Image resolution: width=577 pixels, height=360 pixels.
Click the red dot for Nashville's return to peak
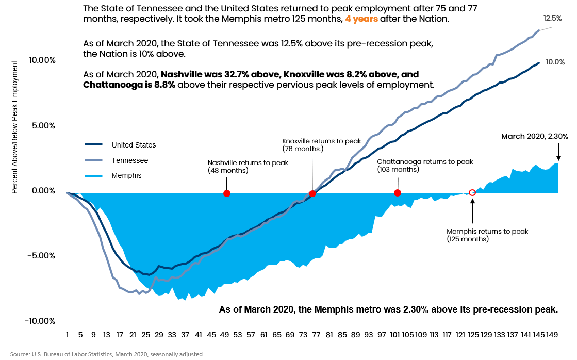click(226, 193)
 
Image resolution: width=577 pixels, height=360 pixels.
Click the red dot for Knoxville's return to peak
click(312, 194)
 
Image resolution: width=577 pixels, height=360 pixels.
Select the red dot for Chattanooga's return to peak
click(397, 193)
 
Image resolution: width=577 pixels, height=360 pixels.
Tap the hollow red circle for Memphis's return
click(472, 192)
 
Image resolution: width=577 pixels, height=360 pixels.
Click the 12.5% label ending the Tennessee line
click(553, 18)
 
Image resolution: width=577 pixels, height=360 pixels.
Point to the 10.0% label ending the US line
click(555, 62)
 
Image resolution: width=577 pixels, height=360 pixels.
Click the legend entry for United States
click(133, 145)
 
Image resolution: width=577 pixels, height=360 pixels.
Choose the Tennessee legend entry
click(129, 160)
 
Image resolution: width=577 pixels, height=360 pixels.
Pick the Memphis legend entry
click(126, 175)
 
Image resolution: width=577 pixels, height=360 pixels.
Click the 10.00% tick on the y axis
click(43, 60)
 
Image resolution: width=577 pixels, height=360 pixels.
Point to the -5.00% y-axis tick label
click(43, 256)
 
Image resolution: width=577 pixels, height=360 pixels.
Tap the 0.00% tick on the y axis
click(44, 191)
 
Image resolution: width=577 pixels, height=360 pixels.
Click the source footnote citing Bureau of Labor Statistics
click(106, 354)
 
